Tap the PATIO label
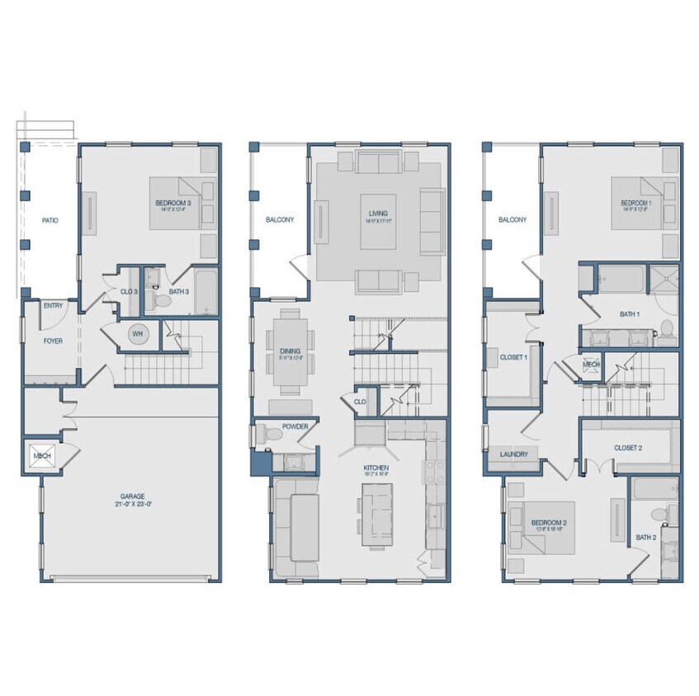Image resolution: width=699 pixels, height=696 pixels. click(48, 220)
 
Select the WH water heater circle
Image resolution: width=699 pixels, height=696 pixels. click(137, 333)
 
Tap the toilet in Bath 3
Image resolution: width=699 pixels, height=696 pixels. click(163, 300)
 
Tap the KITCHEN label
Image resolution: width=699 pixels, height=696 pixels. click(375, 468)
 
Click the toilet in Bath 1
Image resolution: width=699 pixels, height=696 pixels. click(666, 332)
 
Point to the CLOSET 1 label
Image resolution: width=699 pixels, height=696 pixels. click(513, 357)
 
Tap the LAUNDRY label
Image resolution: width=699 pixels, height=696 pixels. click(512, 454)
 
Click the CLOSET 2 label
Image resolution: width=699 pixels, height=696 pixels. click(627, 448)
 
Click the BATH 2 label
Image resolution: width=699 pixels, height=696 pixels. click(645, 538)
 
